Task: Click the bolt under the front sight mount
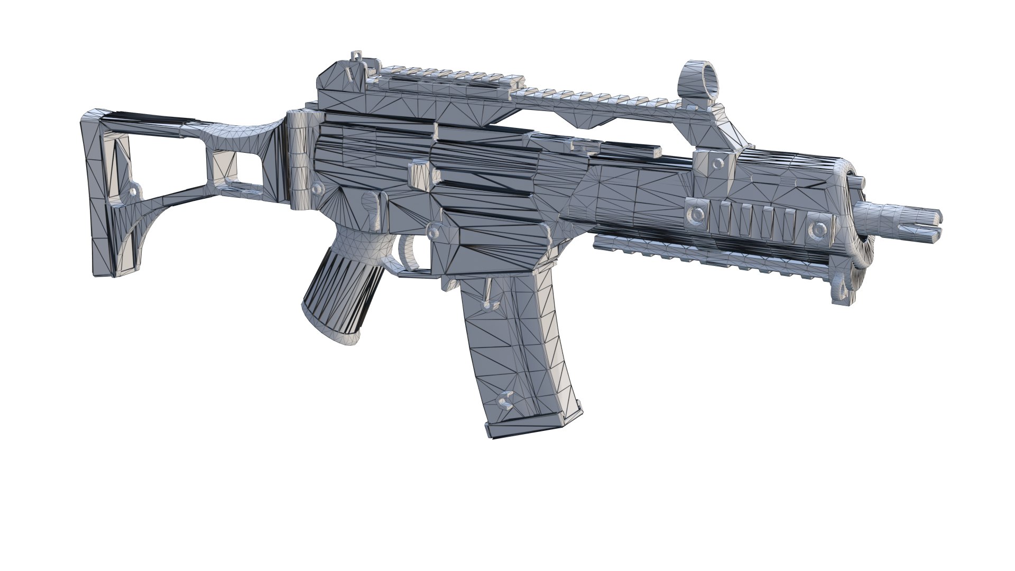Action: (718, 161)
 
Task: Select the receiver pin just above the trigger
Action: (434, 231)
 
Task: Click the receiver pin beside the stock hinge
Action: (318, 188)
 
